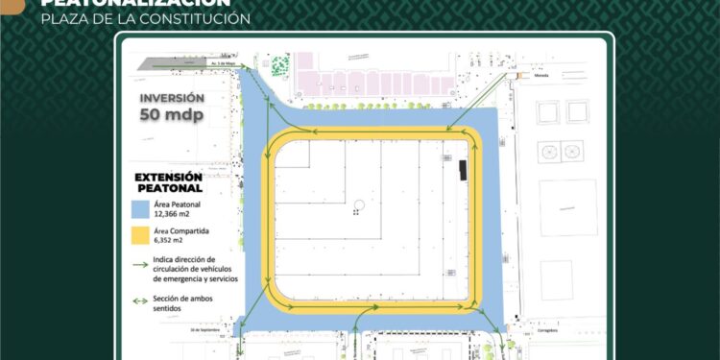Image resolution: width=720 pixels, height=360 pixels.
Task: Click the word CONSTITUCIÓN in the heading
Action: [x=193, y=19]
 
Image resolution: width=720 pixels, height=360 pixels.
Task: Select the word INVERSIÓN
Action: [x=172, y=98]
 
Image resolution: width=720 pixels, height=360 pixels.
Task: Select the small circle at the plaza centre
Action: [x=356, y=204]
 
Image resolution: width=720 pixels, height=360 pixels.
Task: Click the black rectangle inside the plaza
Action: [x=462, y=171]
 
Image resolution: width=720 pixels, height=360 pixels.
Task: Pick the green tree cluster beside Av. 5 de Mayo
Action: [x=279, y=65]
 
